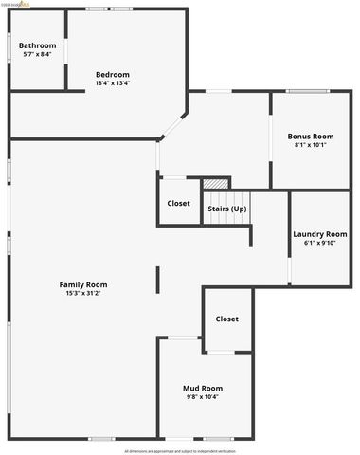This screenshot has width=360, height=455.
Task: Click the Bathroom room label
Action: pyautogui.click(x=38, y=45)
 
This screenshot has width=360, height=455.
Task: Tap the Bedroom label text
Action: pyautogui.click(x=113, y=74)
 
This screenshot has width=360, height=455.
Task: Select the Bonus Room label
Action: pyautogui.click(x=311, y=136)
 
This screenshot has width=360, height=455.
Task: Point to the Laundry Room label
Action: pyautogui.click(x=319, y=234)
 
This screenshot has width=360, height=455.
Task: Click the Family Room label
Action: pyautogui.click(x=83, y=284)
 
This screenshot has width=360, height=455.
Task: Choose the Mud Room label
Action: pyautogui.click(x=203, y=388)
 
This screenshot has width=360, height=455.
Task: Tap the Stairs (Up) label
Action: pyautogui.click(x=226, y=209)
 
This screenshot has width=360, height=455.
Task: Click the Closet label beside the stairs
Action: pyautogui.click(x=178, y=203)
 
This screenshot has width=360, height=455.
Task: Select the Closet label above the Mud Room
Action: pyautogui.click(x=227, y=318)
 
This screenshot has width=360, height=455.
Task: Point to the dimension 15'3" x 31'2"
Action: pyautogui.click(x=83, y=293)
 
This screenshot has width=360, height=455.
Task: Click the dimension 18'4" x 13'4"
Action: pyautogui.click(x=113, y=82)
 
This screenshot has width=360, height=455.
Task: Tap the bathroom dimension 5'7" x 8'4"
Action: pyautogui.click(x=38, y=54)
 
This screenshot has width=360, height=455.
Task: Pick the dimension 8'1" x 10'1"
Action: pyautogui.click(x=311, y=145)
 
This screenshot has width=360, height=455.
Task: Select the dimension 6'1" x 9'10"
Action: pyautogui.click(x=319, y=243)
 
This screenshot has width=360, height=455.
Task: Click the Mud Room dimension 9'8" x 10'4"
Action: pyautogui.click(x=203, y=396)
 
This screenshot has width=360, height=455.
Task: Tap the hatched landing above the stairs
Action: pyautogui.click(x=217, y=183)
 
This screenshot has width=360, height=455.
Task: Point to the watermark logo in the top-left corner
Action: pyautogui.click(x=17, y=4)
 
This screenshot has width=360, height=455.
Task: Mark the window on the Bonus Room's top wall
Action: pyautogui.click(x=308, y=91)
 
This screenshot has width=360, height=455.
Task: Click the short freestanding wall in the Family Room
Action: pyautogui.click(x=158, y=279)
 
